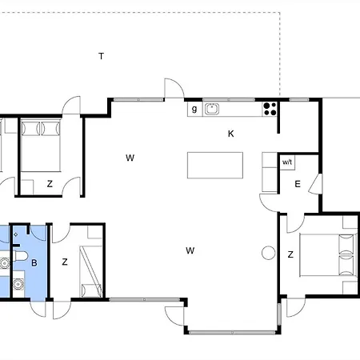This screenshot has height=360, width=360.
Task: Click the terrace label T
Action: (101, 56)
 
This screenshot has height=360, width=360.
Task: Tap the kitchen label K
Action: (230, 134)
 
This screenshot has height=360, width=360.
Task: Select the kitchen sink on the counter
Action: (212, 110)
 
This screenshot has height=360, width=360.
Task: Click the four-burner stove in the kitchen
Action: (270, 110)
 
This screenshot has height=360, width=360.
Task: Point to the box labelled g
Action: (194, 110)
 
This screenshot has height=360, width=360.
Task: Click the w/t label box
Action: (287, 162)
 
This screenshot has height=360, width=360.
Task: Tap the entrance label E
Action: (297, 184)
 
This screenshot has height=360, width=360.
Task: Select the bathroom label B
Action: (34, 262)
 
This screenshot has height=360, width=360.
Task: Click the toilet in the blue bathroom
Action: (6, 261)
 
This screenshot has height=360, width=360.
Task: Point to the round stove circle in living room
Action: (267, 254)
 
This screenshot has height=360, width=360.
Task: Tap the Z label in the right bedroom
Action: (290, 254)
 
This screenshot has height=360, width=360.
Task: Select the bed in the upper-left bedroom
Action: (41, 144)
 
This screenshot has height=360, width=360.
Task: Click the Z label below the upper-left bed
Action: (50, 184)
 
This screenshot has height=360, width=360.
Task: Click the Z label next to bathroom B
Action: (65, 262)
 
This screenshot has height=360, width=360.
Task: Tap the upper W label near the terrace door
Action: (129, 158)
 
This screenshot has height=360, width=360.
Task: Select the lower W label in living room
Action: (190, 250)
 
